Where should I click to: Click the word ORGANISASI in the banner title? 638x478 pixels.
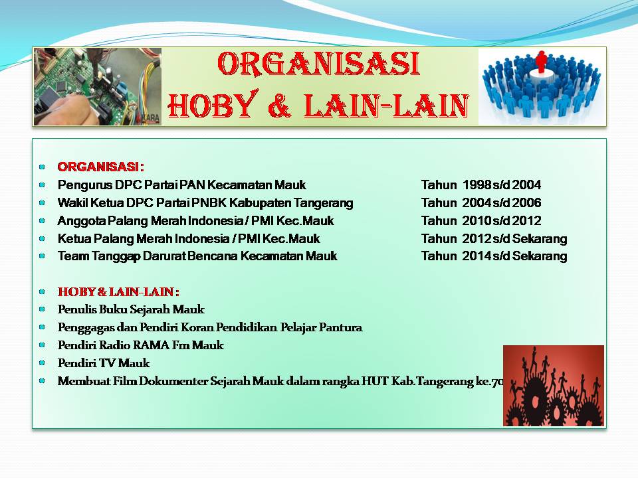[318, 64]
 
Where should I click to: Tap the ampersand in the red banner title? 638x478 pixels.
[280, 105]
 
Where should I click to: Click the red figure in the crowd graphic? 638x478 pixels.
[541, 62]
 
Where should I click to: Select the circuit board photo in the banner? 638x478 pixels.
[98, 86]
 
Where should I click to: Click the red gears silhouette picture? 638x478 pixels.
[554, 385]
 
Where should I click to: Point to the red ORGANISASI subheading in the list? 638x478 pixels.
[100, 167]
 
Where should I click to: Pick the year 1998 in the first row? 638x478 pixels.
[477, 185]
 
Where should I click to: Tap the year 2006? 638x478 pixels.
[526, 203]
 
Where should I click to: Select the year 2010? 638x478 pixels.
[477, 220]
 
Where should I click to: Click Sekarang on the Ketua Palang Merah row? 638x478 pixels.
[540, 238]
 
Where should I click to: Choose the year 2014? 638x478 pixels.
[477, 256]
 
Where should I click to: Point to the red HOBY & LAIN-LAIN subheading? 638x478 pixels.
[118, 292]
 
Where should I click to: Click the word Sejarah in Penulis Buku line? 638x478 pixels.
[150, 310]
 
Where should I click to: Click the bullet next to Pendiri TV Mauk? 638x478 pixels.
[42, 363]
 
